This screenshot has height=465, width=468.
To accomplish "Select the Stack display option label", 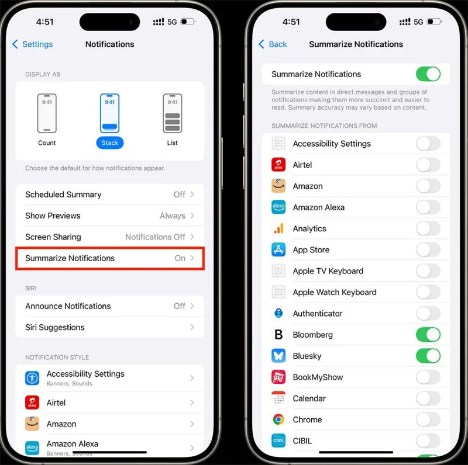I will [x=109, y=143].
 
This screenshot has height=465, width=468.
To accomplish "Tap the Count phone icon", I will [x=47, y=113].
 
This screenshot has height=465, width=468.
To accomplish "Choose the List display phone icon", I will [x=172, y=113].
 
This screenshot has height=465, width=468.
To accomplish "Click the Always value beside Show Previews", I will [x=173, y=216].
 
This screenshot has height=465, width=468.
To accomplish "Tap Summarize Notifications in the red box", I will [x=109, y=258].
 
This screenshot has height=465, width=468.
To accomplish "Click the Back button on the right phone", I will [x=273, y=44].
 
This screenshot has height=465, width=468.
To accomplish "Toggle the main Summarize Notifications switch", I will [x=428, y=74].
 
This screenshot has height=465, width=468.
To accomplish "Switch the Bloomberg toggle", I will [x=428, y=335].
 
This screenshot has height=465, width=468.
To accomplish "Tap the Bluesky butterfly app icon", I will [x=278, y=356].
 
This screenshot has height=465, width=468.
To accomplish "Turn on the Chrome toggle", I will [x=428, y=419].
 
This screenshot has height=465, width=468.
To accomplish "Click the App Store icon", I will [x=278, y=250].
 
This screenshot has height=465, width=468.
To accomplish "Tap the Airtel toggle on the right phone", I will [x=428, y=165].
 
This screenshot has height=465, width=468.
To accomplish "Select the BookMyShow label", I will [x=318, y=377].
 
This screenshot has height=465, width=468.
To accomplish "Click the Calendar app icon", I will [x=278, y=398].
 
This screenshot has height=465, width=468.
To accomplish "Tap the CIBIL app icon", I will [x=278, y=440].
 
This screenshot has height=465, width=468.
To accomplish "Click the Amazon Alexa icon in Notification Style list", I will [x=32, y=447].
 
